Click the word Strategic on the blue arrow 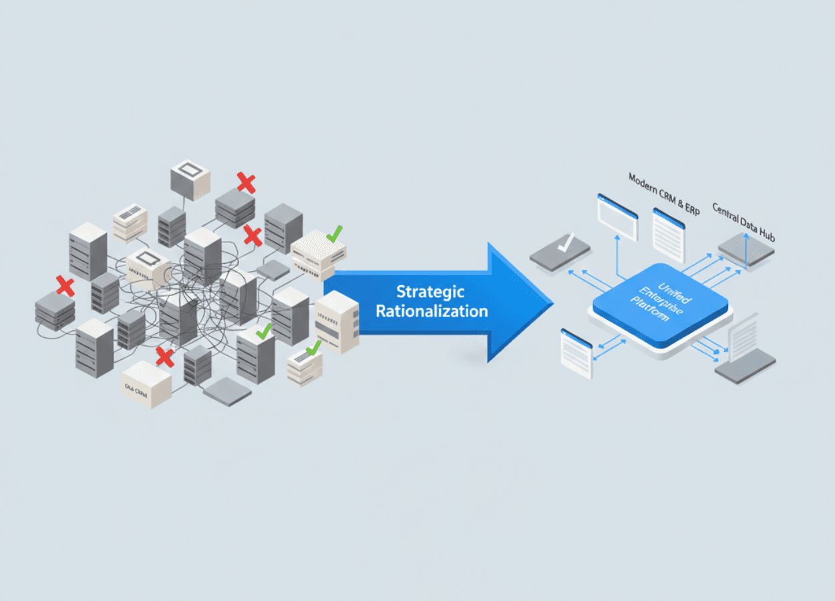pos(430,292)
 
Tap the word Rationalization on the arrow pos(432,311)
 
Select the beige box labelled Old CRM pos(146,385)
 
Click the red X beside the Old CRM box pos(164,357)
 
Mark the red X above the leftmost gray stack pos(65,286)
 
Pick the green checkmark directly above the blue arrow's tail pos(334,233)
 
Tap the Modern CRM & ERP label pos(665,193)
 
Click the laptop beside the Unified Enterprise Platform pos(745,355)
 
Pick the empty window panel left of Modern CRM pos(617,216)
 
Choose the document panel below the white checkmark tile pos(576,352)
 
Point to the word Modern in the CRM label pos(644,182)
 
